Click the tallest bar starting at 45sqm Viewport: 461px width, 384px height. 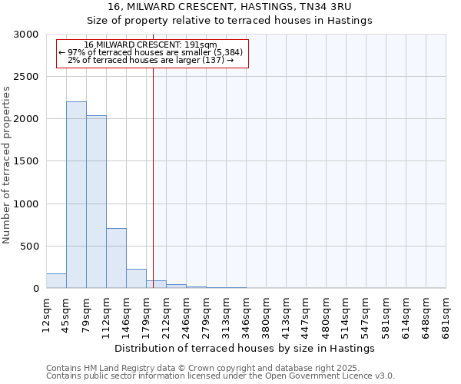pos(76,195)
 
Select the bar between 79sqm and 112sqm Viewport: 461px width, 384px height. pos(96,202)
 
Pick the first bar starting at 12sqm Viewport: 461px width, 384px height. pos(56,281)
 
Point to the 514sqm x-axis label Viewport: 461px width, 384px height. pos(346,313)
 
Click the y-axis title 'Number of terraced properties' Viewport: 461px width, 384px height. pos(7,164)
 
